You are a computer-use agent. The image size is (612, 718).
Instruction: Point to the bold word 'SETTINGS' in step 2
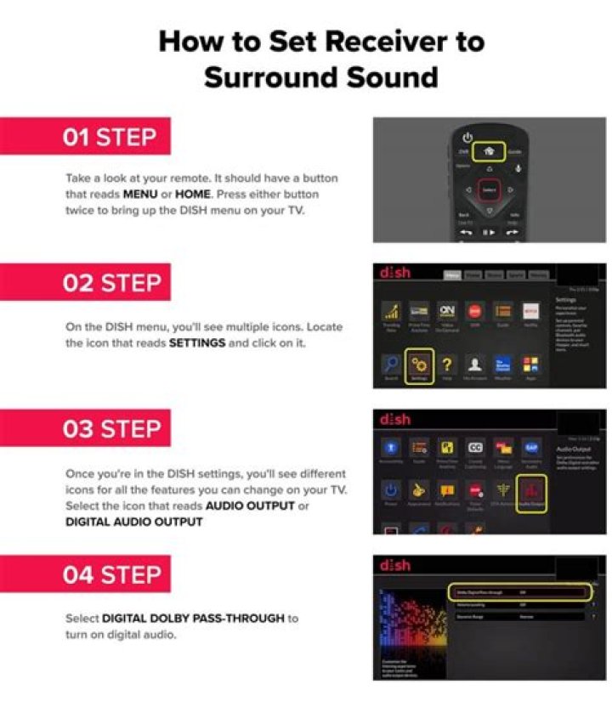tap(201, 342)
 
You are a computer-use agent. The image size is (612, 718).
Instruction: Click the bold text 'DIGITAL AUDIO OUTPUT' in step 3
tap(133, 522)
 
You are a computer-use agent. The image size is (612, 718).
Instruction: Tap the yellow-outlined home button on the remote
tap(489, 152)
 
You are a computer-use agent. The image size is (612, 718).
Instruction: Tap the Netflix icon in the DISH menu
tap(530, 312)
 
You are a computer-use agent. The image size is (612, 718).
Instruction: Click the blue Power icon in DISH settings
tap(391, 490)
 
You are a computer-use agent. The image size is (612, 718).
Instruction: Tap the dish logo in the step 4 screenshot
tap(395, 564)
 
